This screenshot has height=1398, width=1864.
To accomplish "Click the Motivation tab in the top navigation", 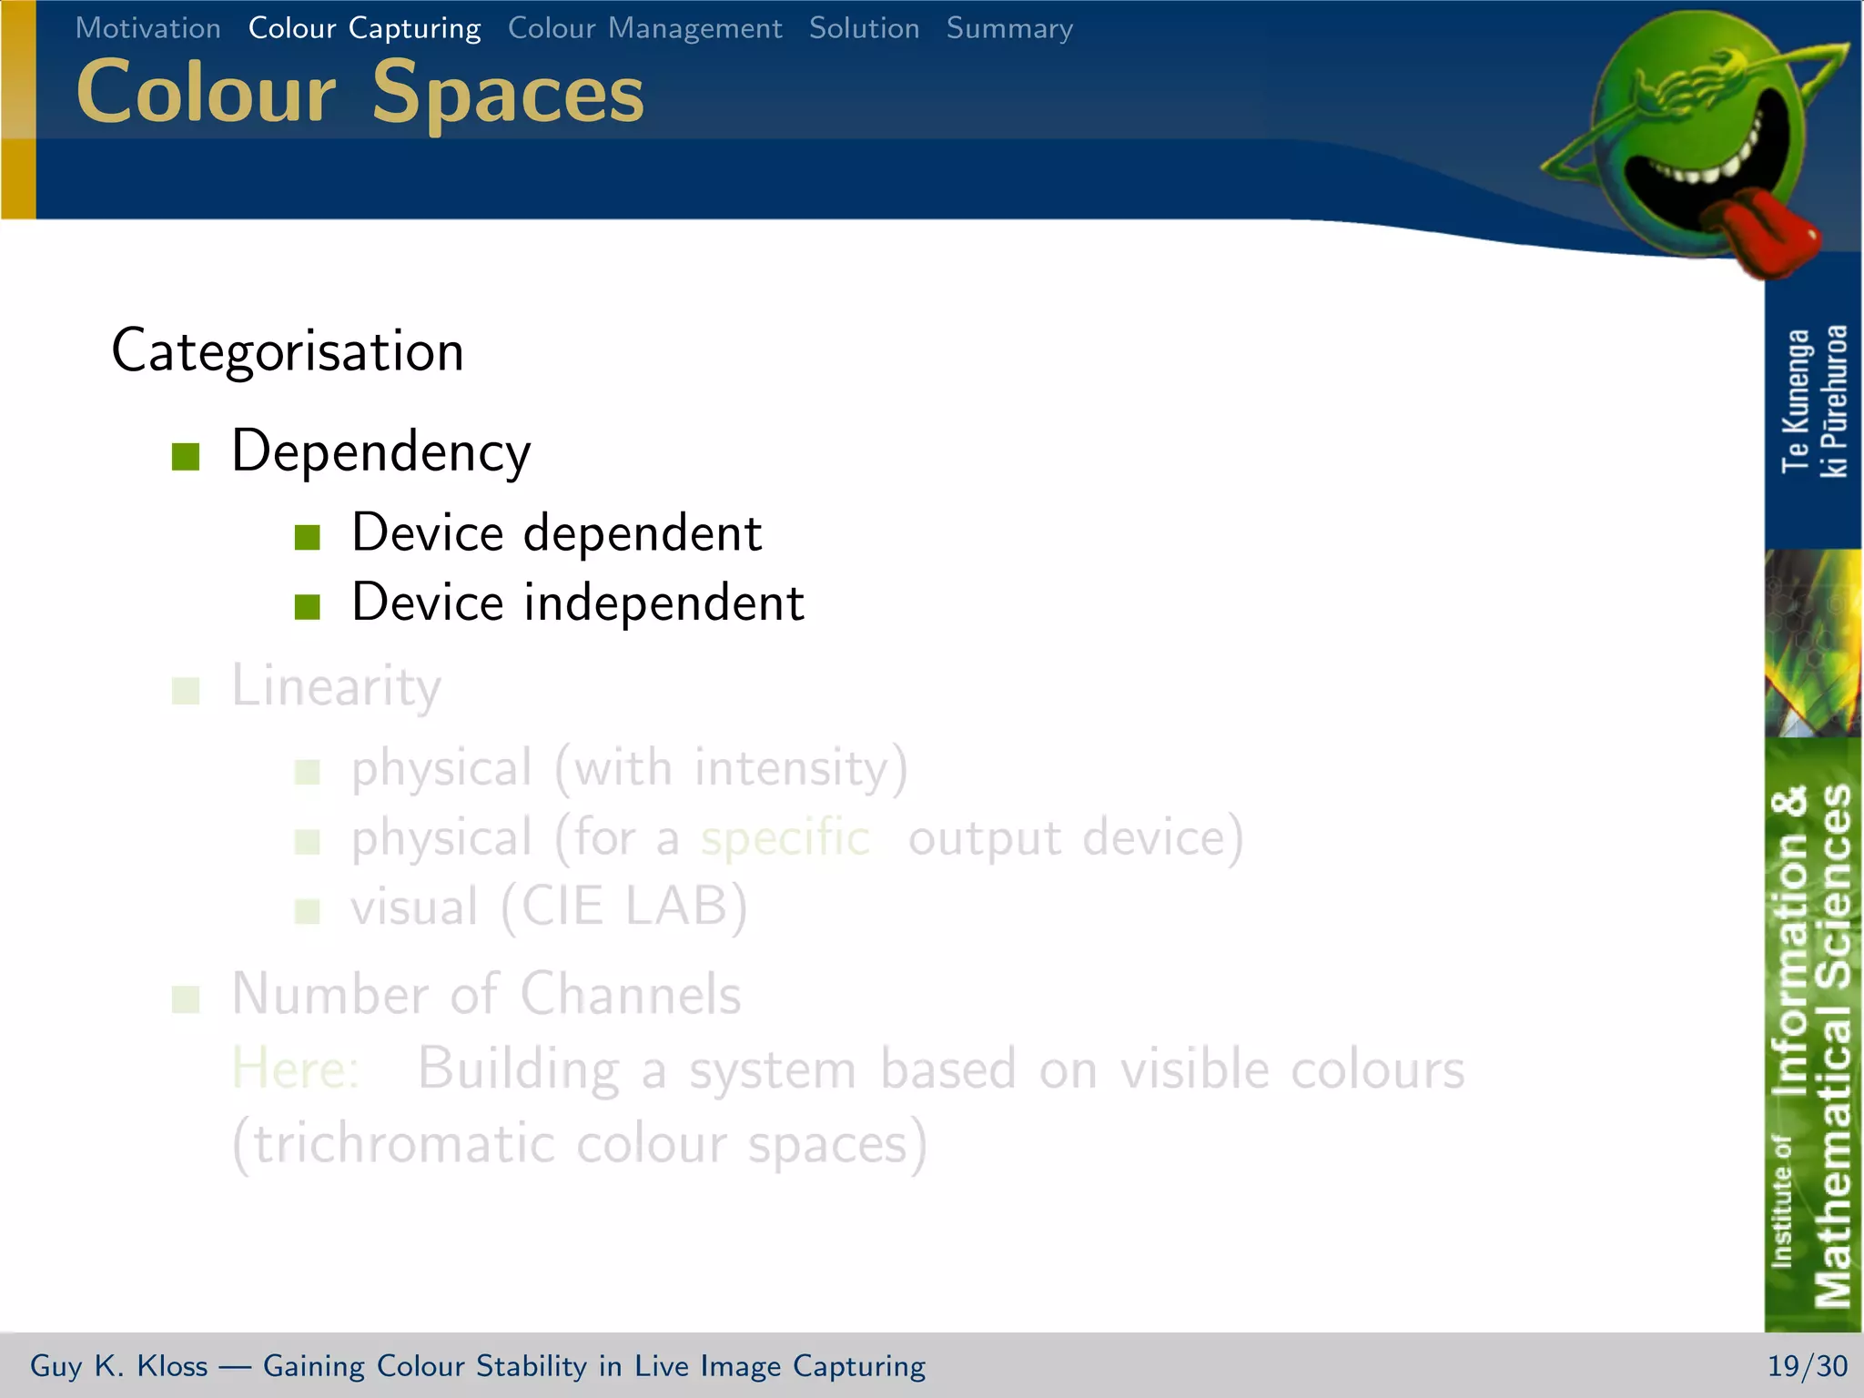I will [x=147, y=28].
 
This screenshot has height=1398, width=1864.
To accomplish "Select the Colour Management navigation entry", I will [x=644, y=28].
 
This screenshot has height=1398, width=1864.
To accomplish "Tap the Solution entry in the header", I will [x=864, y=28].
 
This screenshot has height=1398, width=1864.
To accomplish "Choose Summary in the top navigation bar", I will [x=1009, y=28].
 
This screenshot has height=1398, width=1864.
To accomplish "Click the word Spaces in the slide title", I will [x=508, y=92].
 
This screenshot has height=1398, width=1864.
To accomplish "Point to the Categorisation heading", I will [x=288, y=351].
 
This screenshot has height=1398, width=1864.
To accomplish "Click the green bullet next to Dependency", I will [x=186, y=456].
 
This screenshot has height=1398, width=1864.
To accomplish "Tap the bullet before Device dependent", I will [x=308, y=537].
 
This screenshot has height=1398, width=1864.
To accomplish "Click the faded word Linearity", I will [x=336, y=686].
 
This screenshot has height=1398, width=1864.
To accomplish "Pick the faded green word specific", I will [x=785, y=837].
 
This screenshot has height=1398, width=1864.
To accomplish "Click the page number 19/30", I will [x=1807, y=1366].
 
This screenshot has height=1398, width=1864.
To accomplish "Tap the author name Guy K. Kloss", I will [x=118, y=1366].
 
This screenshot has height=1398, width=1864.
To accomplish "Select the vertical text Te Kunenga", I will [x=1795, y=401].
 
